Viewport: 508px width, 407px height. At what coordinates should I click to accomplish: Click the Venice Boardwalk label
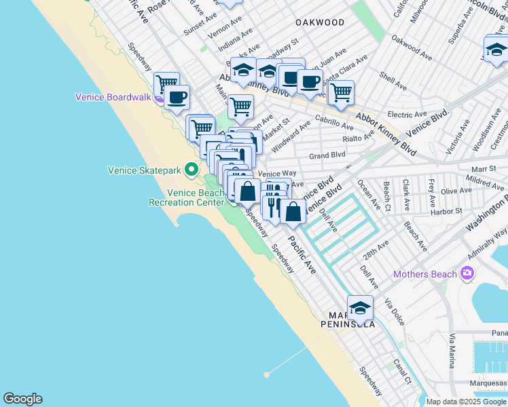tap(113, 97)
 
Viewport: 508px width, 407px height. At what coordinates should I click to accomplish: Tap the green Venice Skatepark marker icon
tap(192, 170)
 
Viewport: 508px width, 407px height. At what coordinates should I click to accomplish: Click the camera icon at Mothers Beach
tap(467, 274)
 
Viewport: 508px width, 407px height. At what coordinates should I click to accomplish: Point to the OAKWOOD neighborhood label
tap(320, 22)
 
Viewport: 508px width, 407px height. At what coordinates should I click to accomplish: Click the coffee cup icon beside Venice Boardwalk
tap(177, 97)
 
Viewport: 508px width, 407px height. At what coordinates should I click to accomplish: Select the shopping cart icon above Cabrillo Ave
tap(340, 92)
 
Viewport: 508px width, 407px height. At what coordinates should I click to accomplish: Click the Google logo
tap(22, 399)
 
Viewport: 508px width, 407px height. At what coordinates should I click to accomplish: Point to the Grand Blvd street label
tap(327, 155)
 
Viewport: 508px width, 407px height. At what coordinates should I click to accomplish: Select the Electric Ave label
tap(407, 115)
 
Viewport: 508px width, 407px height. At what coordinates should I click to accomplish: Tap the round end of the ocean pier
tap(268, 374)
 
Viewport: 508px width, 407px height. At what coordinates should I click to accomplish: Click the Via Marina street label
tap(452, 350)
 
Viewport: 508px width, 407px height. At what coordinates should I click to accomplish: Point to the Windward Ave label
tap(290, 136)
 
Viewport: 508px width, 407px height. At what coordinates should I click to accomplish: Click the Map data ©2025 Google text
tap(467, 402)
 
